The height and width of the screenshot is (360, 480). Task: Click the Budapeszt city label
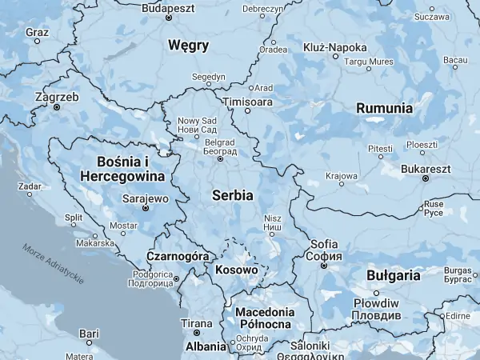tap(168, 7)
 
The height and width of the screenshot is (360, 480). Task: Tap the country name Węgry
tap(189, 45)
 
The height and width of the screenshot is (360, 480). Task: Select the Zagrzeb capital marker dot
tap(57, 106)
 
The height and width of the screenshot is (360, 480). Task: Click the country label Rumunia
tap(384, 108)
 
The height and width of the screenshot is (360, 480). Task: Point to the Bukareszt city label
tap(426, 170)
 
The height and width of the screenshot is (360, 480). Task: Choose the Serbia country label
tap(233, 194)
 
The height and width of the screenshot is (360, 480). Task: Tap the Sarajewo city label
tap(146, 198)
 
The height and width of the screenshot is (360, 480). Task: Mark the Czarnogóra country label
tap(178, 256)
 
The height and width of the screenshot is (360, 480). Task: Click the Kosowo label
tap(237, 270)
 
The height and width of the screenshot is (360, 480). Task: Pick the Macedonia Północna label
tap(264, 318)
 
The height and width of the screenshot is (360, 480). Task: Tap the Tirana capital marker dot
tap(197, 333)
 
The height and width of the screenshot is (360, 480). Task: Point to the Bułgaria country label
tap(393, 274)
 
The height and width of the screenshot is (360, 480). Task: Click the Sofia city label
tap(325, 244)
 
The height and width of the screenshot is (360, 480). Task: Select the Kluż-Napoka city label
tap(335, 47)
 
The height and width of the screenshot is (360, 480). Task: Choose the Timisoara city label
tap(247, 102)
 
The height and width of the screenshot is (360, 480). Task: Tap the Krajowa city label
tap(342, 175)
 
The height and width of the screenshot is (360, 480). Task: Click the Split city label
tap(74, 217)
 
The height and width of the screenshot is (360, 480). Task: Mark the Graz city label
tap(37, 33)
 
